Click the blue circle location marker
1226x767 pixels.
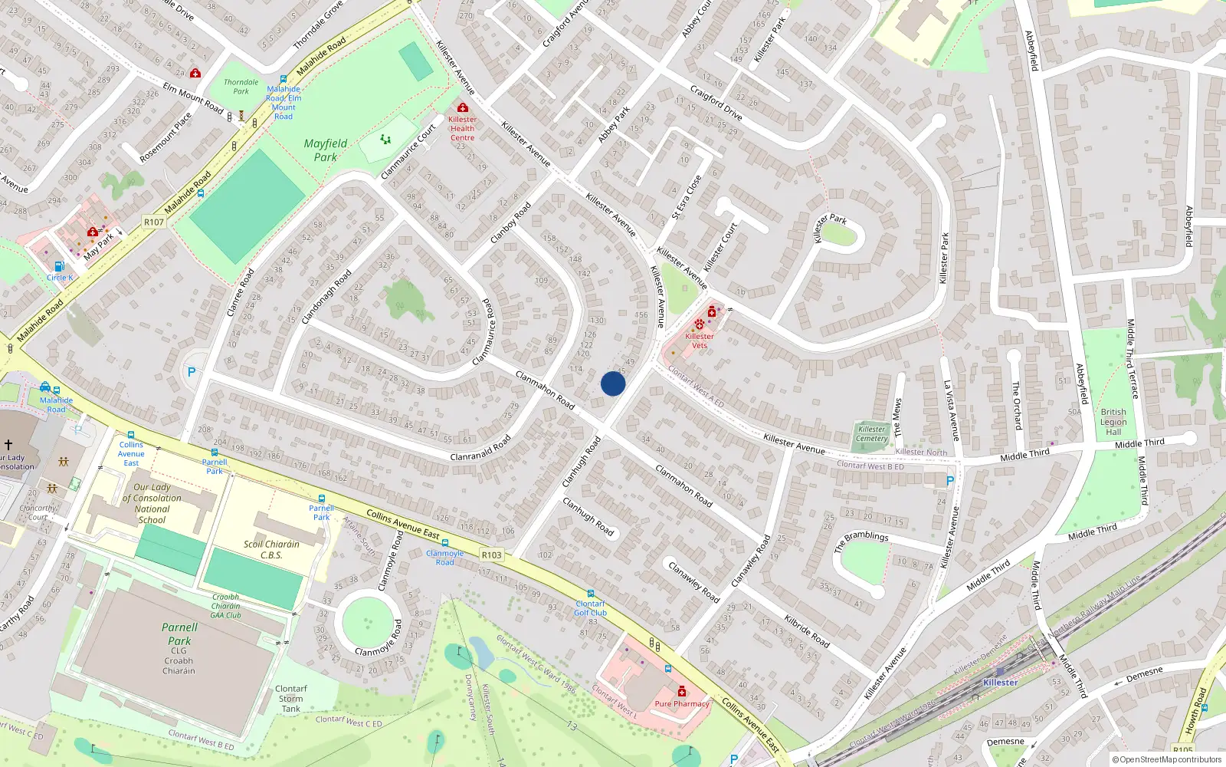[613, 383]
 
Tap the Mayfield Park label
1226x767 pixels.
[326, 150]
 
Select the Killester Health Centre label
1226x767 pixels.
[462, 128]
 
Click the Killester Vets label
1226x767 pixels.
[699, 341]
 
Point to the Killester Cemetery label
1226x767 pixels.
[871, 434]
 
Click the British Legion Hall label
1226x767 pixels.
[1113, 422]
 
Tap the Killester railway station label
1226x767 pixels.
[1000, 682]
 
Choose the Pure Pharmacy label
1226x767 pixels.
[682, 703]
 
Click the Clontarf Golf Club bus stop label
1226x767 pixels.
[590, 608]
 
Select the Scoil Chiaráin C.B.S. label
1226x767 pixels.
[271, 549]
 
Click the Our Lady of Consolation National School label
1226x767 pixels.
[152, 503]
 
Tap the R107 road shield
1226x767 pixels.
[154, 222]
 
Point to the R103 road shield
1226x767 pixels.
[491, 555]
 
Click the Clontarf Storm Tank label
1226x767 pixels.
[291, 699]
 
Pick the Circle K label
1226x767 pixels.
[60, 277]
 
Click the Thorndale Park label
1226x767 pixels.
[241, 87]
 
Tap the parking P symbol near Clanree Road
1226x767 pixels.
[192, 372]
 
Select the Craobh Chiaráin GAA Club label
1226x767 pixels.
[226, 606]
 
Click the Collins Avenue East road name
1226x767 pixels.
[402, 525]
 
